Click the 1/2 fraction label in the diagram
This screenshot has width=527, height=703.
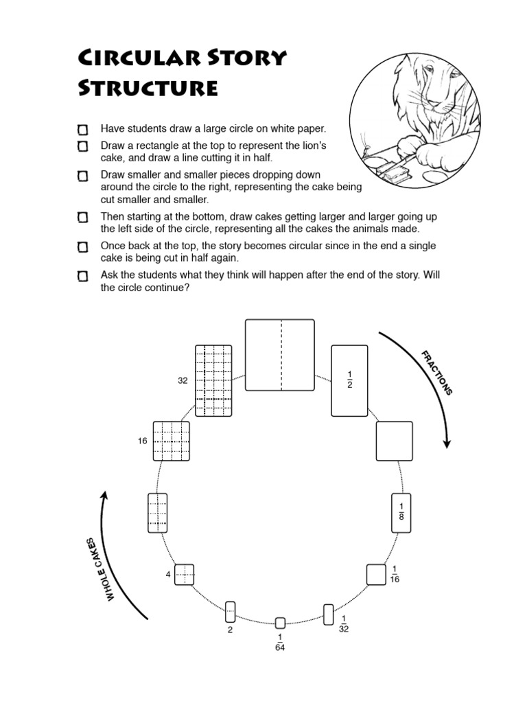tap(349, 379)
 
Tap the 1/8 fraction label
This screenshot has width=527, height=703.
tap(402, 512)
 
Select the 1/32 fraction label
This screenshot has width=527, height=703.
tap(344, 623)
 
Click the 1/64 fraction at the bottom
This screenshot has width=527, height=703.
tap(280, 642)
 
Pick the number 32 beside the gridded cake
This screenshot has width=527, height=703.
tap(183, 380)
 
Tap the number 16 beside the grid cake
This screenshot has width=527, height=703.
tap(142, 441)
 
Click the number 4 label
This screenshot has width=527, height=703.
tap(167, 574)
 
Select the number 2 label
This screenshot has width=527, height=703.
tap(231, 629)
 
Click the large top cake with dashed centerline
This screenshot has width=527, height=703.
tap(280, 355)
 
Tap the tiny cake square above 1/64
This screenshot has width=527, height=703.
tap(280, 623)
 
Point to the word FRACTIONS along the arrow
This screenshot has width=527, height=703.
tap(437, 372)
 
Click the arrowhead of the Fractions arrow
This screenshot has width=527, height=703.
tap(447, 442)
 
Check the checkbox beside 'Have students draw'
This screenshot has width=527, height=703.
tap(83, 129)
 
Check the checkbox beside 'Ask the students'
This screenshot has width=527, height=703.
tap(83, 276)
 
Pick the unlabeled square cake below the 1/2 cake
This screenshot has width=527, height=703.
tap(394, 441)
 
